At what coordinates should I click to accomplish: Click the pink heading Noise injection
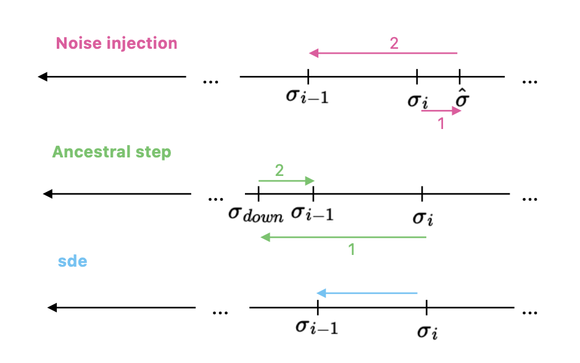click(117, 43)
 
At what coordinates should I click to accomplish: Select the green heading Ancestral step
click(112, 152)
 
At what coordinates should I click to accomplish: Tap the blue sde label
click(73, 261)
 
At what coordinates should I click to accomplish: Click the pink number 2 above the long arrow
click(394, 43)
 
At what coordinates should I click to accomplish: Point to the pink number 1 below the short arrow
click(441, 123)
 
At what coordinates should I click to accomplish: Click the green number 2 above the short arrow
click(280, 170)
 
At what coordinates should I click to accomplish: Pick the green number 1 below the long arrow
click(352, 249)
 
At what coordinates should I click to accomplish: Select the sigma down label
click(256, 214)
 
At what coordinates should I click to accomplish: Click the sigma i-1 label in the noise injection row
click(307, 96)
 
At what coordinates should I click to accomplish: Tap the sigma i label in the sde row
click(427, 331)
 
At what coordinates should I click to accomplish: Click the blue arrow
click(367, 293)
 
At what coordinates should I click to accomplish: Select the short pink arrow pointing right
click(441, 111)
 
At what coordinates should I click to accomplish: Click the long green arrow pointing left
click(344, 237)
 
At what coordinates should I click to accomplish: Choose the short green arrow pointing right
click(286, 181)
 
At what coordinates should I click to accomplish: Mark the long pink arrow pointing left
click(383, 53)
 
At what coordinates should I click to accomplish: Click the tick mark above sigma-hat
click(460, 76)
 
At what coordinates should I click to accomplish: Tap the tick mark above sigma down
click(259, 193)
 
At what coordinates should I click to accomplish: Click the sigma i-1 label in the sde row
click(317, 327)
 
